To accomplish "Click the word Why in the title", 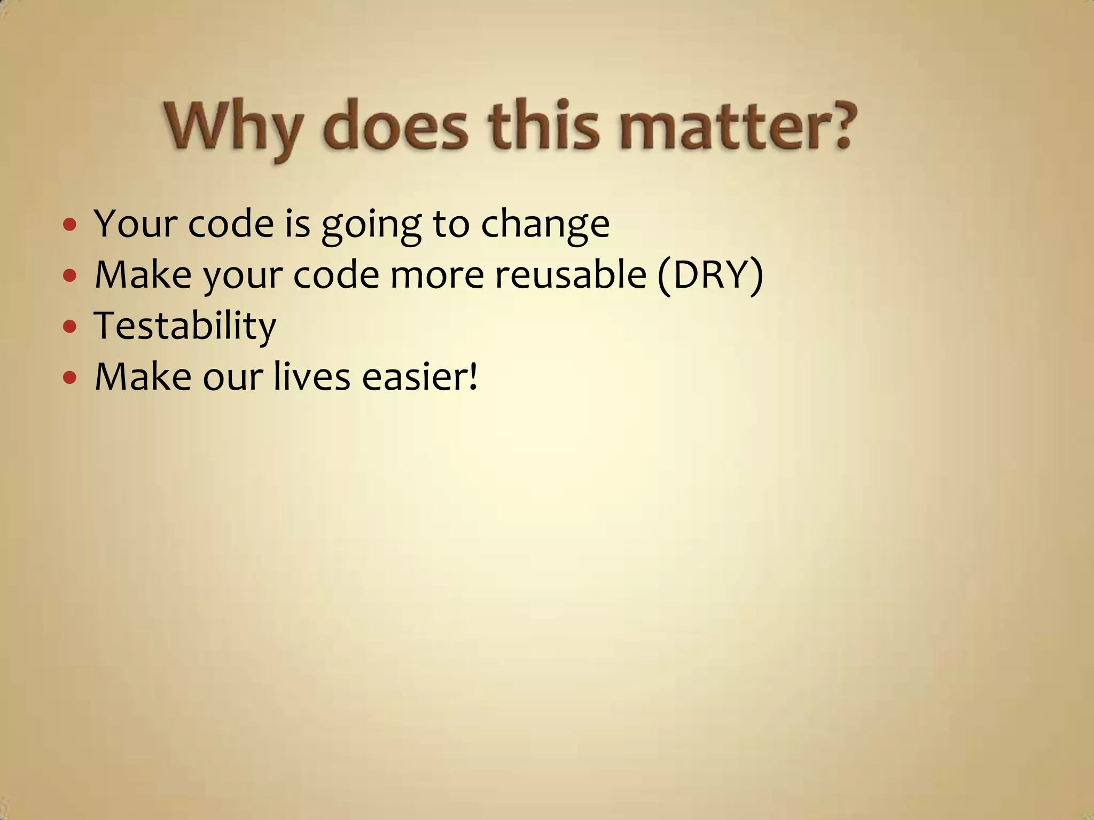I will click(232, 128).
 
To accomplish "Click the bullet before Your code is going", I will click(69, 224).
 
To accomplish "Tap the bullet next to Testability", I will click(69, 326).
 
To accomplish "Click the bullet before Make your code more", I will click(69, 276).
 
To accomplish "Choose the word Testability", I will click(185, 326).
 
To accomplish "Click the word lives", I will click(312, 377).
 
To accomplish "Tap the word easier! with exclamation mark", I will click(420, 377).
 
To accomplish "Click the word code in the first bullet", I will click(231, 224).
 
